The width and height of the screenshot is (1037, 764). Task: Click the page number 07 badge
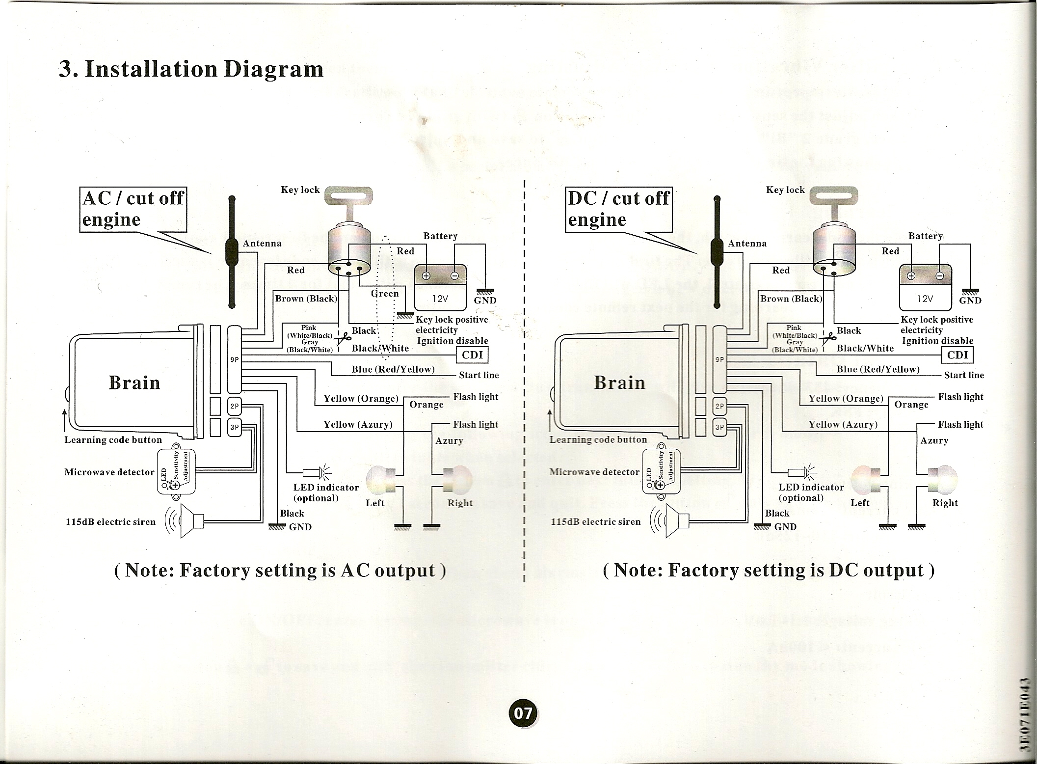pyautogui.click(x=523, y=712)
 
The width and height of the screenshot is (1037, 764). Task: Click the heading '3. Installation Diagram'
pyautogui.click(x=191, y=69)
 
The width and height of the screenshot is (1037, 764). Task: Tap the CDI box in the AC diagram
pyautogui.click(x=472, y=355)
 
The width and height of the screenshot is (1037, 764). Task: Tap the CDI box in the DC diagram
pyautogui.click(x=957, y=355)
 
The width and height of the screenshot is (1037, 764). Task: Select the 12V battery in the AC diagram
pyautogui.click(x=440, y=287)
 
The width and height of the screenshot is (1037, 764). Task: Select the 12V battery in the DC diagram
pyautogui.click(x=925, y=287)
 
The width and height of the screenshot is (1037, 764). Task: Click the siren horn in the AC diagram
pyautogui.click(x=191, y=521)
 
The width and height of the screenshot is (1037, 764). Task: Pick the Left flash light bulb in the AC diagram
pyautogui.click(x=380, y=480)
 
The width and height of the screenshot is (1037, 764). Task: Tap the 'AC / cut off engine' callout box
pyautogui.click(x=133, y=209)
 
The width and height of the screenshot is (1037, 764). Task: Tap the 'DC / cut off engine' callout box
pyautogui.click(x=618, y=209)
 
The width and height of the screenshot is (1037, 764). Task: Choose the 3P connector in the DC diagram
pyautogui.click(x=719, y=427)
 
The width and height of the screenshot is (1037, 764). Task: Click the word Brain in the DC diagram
pyautogui.click(x=619, y=382)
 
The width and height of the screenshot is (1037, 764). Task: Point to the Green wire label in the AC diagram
pyautogui.click(x=385, y=294)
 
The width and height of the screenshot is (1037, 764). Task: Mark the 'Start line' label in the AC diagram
pyautogui.click(x=479, y=375)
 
